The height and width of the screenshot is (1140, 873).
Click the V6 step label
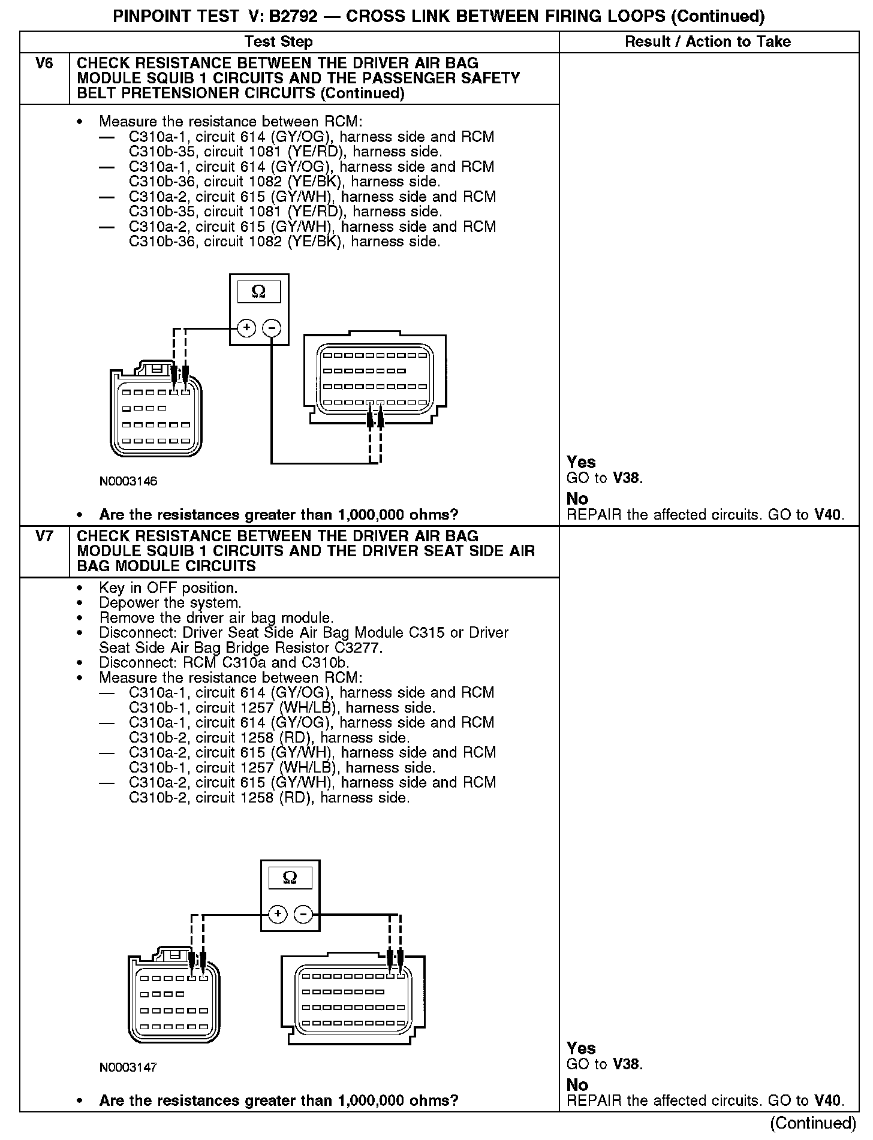tap(44, 64)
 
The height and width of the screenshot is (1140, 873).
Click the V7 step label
tap(44, 536)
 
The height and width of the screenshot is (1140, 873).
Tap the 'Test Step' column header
tap(278, 41)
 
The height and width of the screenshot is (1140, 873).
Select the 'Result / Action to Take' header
tap(708, 41)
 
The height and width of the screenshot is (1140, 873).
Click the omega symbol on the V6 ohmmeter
tap(259, 291)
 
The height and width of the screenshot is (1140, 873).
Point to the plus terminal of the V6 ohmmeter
tap(246, 328)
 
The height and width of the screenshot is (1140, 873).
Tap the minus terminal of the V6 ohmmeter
tap(272, 328)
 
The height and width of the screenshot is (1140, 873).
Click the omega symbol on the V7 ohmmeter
tap(290, 877)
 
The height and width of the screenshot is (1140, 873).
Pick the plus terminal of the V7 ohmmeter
tap(278, 914)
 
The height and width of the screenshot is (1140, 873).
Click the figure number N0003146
tap(128, 481)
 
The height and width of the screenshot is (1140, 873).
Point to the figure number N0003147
tap(128, 1067)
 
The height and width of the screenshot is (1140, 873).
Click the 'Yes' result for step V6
tap(581, 462)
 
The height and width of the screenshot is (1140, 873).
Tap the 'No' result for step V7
tap(577, 1084)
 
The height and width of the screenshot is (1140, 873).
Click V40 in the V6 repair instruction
tap(829, 514)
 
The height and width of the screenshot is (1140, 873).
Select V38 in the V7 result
tap(627, 1064)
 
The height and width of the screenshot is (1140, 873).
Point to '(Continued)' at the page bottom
tap(813, 1123)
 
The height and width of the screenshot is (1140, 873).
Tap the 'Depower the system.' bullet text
tap(170, 602)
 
